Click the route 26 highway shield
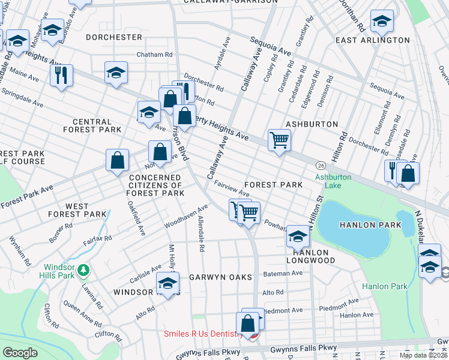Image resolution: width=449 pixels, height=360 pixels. coord(322,165)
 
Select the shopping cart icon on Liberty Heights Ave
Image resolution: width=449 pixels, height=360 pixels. coord(279,140)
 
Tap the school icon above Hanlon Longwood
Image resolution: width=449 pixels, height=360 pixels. coord(298,236)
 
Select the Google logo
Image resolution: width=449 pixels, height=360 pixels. coord(20,352)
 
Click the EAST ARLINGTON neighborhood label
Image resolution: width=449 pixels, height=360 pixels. coord(372,40)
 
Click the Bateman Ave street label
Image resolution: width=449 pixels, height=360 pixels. coord(283,273)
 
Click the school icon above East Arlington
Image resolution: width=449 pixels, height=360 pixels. coord(382,21)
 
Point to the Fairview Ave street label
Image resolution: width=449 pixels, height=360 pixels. coord(232,190)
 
